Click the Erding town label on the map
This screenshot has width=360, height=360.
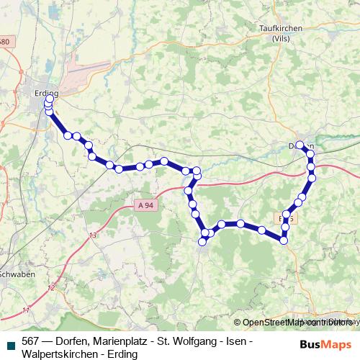click(x=45, y=93)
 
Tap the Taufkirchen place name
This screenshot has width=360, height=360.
click(x=278, y=29)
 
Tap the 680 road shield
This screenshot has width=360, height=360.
click(x=4, y=42)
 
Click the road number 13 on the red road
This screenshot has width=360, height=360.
click(x=92, y=235)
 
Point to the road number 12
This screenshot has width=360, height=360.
click(x=50, y=288)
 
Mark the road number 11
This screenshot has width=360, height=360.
click(x=27, y=310)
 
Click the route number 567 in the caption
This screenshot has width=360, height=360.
click(x=30, y=341)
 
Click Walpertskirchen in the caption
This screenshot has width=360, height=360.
click(x=58, y=354)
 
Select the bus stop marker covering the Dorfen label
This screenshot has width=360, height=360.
click(x=300, y=145)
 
